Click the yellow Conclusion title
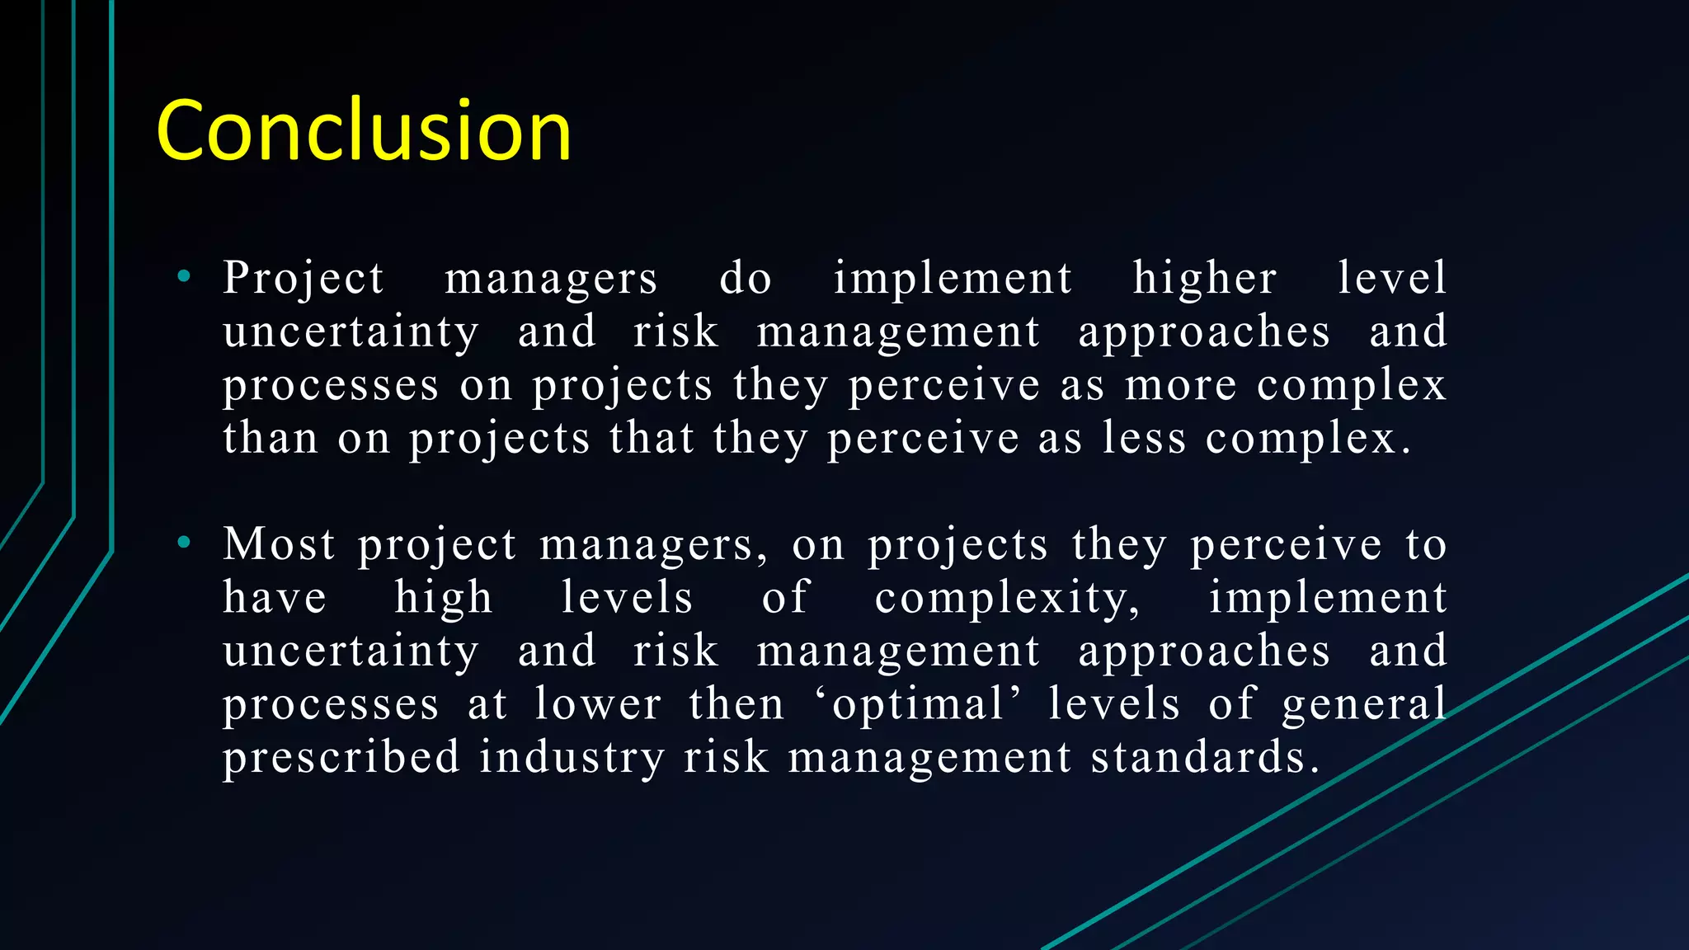click(x=363, y=130)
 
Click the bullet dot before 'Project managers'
click(x=184, y=277)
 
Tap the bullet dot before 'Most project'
click(x=184, y=543)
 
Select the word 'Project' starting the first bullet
click(x=303, y=278)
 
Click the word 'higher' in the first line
click(x=1205, y=278)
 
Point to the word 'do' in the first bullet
click(x=746, y=278)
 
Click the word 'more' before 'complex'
click(x=1181, y=385)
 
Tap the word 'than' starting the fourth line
click(x=271, y=438)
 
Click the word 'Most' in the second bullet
click(x=280, y=544)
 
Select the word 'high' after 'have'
click(x=444, y=598)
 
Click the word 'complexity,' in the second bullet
click(x=1008, y=598)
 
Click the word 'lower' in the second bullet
click(x=598, y=704)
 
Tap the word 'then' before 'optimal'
click(x=736, y=704)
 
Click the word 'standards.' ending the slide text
click(x=1205, y=758)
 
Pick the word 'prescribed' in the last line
click(x=341, y=758)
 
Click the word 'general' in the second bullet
click(x=1364, y=704)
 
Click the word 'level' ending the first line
click(x=1392, y=278)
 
